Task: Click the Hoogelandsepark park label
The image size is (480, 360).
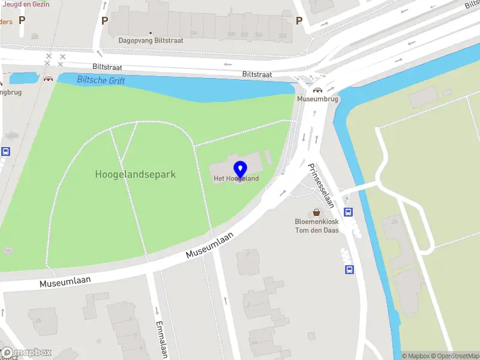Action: [x=135, y=175]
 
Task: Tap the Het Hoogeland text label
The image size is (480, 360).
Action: [x=236, y=179]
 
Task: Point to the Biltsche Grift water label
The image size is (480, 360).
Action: [x=101, y=80]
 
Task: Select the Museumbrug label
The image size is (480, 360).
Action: [x=318, y=99]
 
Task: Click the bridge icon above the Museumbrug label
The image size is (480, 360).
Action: [x=317, y=90]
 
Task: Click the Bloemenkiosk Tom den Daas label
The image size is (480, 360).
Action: [x=316, y=226]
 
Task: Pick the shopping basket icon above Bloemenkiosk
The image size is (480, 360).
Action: [x=316, y=212]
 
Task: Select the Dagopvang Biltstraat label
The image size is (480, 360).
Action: [x=151, y=41]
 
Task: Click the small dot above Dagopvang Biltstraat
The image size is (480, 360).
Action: [x=151, y=32]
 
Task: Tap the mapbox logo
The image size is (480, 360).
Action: [x=26, y=352]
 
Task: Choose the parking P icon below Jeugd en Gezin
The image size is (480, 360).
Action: [x=22, y=20]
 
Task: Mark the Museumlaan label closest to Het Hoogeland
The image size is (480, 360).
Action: [x=209, y=246]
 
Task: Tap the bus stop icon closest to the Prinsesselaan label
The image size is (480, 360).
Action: [x=349, y=212]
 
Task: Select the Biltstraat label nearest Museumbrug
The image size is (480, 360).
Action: [x=257, y=74]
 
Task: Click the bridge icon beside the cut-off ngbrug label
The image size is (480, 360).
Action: [x=48, y=79]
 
